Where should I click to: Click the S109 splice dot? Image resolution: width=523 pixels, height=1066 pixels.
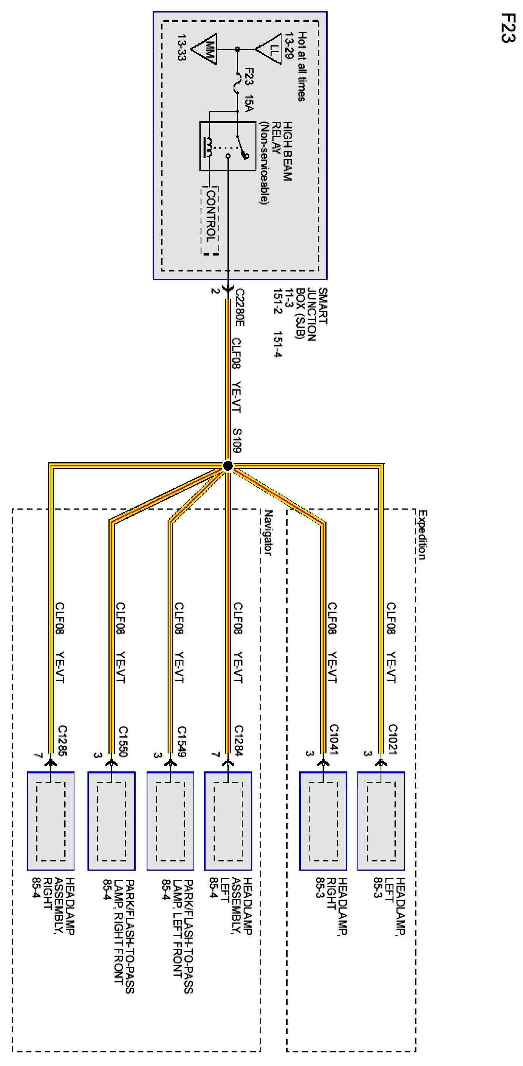click(x=227, y=466)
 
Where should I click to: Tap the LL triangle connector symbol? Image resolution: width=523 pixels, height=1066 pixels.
click(x=270, y=50)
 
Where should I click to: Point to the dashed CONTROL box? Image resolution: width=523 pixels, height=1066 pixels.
click(x=210, y=221)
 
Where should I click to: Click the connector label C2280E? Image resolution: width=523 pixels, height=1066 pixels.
click(x=239, y=307)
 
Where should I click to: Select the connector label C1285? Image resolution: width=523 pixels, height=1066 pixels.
click(x=62, y=741)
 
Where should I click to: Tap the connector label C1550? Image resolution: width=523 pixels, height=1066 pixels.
click(x=122, y=741)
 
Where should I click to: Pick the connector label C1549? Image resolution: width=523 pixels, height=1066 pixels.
click(x=181, y=741)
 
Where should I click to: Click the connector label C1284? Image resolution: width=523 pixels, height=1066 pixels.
click(x=239, y=741)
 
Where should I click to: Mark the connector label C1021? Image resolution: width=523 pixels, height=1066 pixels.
click(x=392, y=739)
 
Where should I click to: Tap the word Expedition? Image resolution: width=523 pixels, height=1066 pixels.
click(x=422, y=535)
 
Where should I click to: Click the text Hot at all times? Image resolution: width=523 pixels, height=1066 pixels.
click(x=302, y=67)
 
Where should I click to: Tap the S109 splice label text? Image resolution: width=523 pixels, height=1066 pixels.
click(x=237, y=440)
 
